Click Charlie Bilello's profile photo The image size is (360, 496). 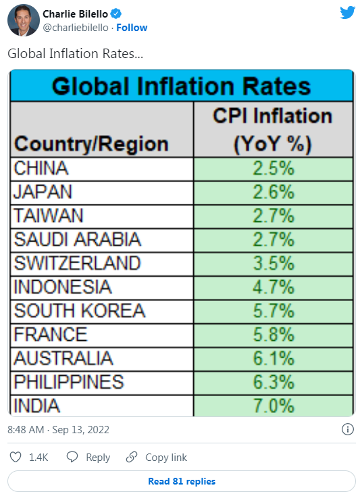(x=24, y=20)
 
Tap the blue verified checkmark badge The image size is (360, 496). (x=116, y=14)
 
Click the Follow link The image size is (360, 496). (x=132, y=28)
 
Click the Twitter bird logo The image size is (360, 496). (x=347, y=13)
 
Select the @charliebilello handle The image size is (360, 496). (x=76, y=28)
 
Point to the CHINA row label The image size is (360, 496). (x=41, y=168)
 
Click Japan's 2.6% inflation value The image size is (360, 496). (x=274, y=192)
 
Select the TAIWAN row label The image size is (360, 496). (x=49, y=216)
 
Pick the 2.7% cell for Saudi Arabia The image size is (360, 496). (x=274, y=240)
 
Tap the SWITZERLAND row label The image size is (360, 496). (x=77, y=263)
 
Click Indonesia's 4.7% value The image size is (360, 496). (x=274, y=287)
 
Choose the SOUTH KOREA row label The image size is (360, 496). (x=80, y=310)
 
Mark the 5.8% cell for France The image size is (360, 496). (x=274, y=335)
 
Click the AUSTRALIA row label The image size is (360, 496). (x=63, y=358)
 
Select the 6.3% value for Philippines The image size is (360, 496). (x=274, y=382)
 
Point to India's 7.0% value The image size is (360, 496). (x=274, y=406)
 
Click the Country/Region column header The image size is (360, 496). (x=91, y=144)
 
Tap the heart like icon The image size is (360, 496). (x=16, y=457)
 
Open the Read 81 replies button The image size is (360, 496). (x=182, y=481)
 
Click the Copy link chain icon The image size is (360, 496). (x=132, y=457)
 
